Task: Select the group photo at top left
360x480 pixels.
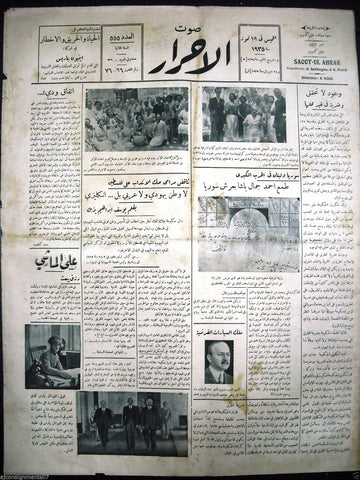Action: pos(136,120)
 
